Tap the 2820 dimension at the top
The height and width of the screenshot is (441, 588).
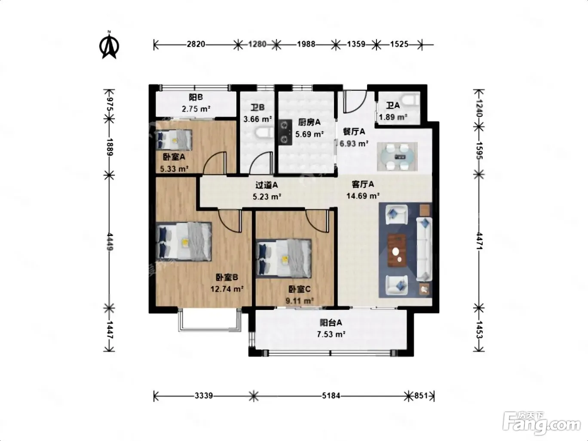tap(196, 44)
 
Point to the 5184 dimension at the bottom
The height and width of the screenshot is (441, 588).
tap(331, 395)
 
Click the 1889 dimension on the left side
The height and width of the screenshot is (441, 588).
tap(110, 147)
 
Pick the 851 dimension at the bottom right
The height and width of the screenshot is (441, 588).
tap(421, 395)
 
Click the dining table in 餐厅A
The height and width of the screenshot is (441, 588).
tap(397, 156)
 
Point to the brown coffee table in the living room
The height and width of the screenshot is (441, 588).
tap(396, 251)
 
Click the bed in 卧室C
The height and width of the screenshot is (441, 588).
tap(284, 259)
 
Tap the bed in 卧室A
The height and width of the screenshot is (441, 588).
tap(174, 140)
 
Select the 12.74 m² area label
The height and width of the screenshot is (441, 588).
tap(227, 289)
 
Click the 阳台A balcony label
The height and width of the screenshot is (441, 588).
tap(331, 323)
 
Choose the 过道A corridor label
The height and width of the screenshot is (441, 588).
tap(266, 185)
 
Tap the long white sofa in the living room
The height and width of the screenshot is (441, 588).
tap(424, 249)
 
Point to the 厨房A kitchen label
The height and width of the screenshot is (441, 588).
tap(309, 122)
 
